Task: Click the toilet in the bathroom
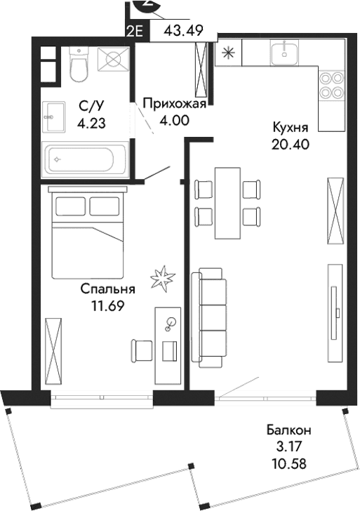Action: coord(78,66)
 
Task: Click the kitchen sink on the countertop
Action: coord(284,51)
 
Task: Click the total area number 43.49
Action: coord(180,31)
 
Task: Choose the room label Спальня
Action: coord(107,288)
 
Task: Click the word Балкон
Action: coord(288,430)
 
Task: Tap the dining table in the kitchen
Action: coord(225,203)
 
